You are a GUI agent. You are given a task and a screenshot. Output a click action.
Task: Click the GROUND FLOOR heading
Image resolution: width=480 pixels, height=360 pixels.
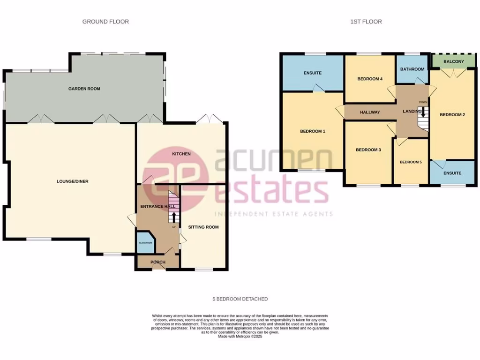tap(105, 22)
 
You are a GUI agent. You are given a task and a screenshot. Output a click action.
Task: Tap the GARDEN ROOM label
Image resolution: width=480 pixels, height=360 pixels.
tap(84, 89)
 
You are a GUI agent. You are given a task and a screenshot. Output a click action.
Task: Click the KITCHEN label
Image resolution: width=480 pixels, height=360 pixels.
tap(181, 154)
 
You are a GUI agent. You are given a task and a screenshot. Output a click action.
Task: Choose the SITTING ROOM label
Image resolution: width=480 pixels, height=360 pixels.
tap(203, 227)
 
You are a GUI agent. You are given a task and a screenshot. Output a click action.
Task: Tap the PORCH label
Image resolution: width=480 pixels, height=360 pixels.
tap(157, 262)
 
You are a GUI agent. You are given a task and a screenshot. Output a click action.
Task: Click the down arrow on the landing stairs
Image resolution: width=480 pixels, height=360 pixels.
tap(423, 112)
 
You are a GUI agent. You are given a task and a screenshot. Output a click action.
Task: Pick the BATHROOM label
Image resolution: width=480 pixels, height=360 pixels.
tap(412, 69)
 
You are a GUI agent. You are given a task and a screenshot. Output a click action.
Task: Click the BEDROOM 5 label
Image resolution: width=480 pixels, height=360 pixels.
tap(411, 162)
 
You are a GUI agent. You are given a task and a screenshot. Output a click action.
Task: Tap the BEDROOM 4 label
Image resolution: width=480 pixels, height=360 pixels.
tap(370, 79)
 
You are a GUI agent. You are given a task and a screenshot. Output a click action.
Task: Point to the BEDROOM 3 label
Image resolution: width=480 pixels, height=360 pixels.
tap(368, 150)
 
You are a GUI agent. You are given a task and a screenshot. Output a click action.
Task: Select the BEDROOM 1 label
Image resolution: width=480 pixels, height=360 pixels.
tap(313, 131)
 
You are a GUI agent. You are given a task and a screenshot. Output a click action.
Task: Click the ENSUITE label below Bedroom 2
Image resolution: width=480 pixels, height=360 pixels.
tap(452, 173)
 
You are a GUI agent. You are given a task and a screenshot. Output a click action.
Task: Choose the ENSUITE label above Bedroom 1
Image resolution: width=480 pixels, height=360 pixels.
tap(312, 73)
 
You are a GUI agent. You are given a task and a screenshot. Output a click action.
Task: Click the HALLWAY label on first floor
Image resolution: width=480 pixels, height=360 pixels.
tap(370, 112)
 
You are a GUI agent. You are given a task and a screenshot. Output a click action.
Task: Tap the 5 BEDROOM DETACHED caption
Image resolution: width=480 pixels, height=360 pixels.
tap(240, 299)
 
